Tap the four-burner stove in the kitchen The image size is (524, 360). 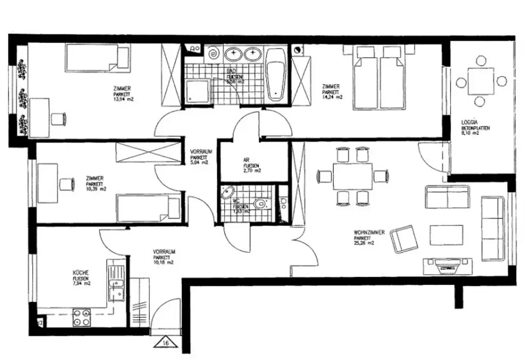(81, 317)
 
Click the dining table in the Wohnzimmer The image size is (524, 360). (352, 176)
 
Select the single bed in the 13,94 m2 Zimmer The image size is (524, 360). (97, 58)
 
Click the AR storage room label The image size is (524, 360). (246, 159)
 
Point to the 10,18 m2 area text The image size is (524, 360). (164, 262)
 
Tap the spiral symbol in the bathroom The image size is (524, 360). (213, 54)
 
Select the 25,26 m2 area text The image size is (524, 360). (364, 243)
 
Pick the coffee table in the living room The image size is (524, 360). (446, 235)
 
